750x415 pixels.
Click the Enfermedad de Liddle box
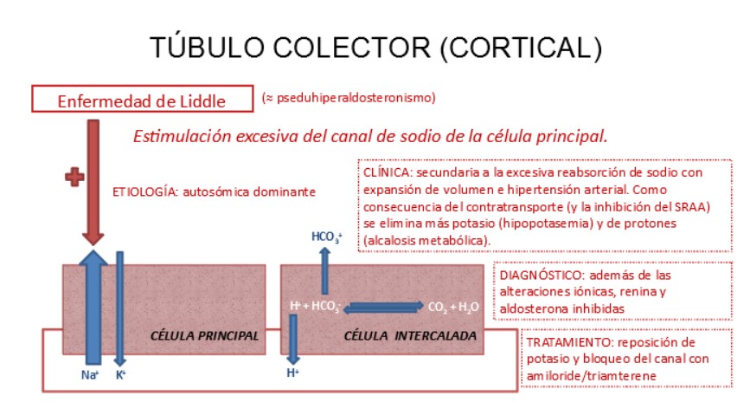(x=141, y=100)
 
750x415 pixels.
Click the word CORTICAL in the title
(x=516, y=46)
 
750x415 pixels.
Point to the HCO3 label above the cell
(x=326, y=237)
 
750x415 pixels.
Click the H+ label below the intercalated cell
(x=292, y=373)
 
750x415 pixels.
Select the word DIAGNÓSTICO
(x=529, y=275)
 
